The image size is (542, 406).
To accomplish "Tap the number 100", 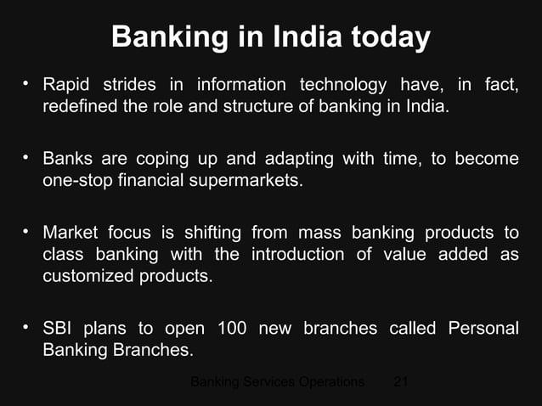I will pos(233,328).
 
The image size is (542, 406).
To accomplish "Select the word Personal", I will pos(483,328).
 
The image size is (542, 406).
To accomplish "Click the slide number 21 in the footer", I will pos(401,382).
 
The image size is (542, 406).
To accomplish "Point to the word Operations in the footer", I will pos(332,382).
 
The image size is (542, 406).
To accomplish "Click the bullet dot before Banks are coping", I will pos(26,157).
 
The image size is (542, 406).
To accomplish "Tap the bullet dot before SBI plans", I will pos(26,326).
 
